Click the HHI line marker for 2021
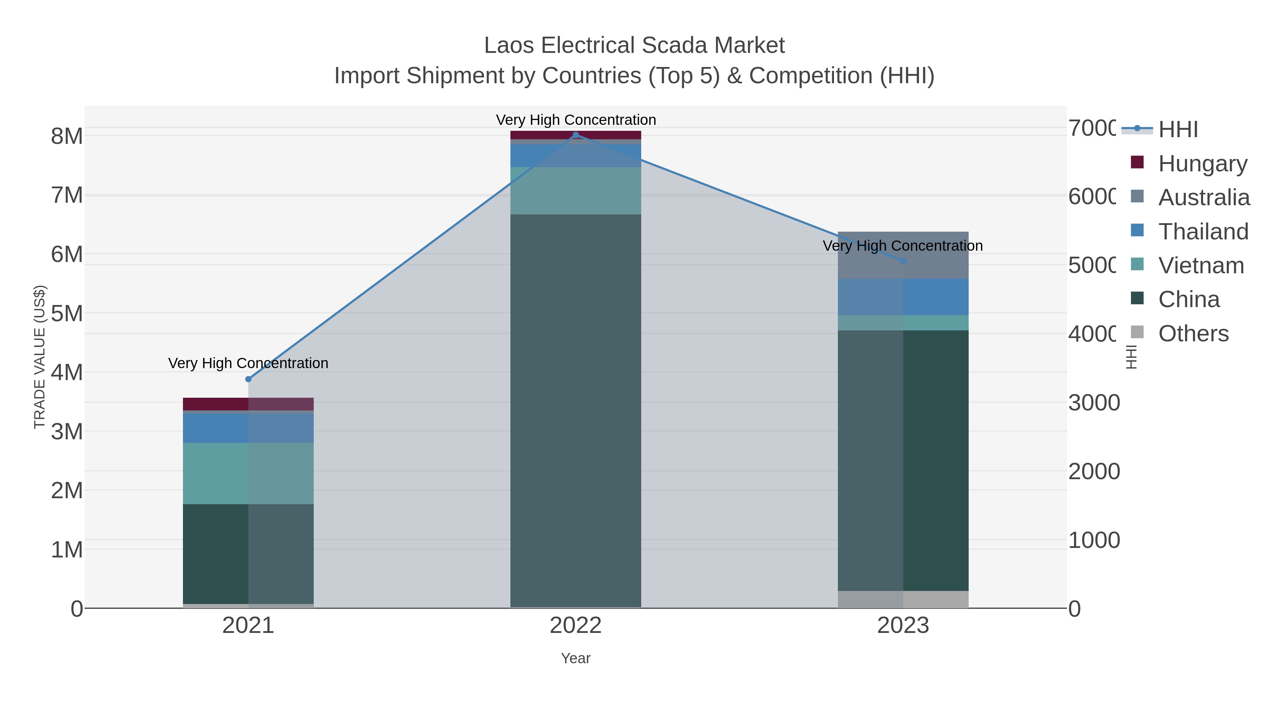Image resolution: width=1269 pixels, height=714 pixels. (x=248, y=379)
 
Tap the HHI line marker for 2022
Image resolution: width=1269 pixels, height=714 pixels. (x=575, y=135)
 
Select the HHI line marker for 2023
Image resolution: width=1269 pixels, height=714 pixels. (x=903, y=261)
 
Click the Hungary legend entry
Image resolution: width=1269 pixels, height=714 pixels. (x=1202, y=163)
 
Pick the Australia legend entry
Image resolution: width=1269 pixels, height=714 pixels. (x=1203, y=197)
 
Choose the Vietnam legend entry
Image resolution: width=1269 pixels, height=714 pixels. (x=1201, y=265)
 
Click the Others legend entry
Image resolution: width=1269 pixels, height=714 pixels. (x=1193, y=333)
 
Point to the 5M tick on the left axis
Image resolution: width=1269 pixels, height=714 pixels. (x=67, y=313)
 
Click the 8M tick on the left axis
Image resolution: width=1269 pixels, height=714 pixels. (x=67, y=136)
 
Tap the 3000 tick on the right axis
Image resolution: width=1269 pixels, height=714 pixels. (x=1093, y=403)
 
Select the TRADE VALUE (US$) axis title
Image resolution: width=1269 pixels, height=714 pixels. (x=39, y=357)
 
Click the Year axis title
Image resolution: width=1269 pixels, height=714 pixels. (x=575, y=658)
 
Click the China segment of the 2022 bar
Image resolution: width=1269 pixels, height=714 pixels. (x=575, y=409)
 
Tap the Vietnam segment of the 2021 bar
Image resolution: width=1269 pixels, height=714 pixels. (x=248, y=473)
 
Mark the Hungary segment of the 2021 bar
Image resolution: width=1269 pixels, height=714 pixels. (x=248, y=404)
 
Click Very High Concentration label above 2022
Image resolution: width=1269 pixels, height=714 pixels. (x=575, y=120)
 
